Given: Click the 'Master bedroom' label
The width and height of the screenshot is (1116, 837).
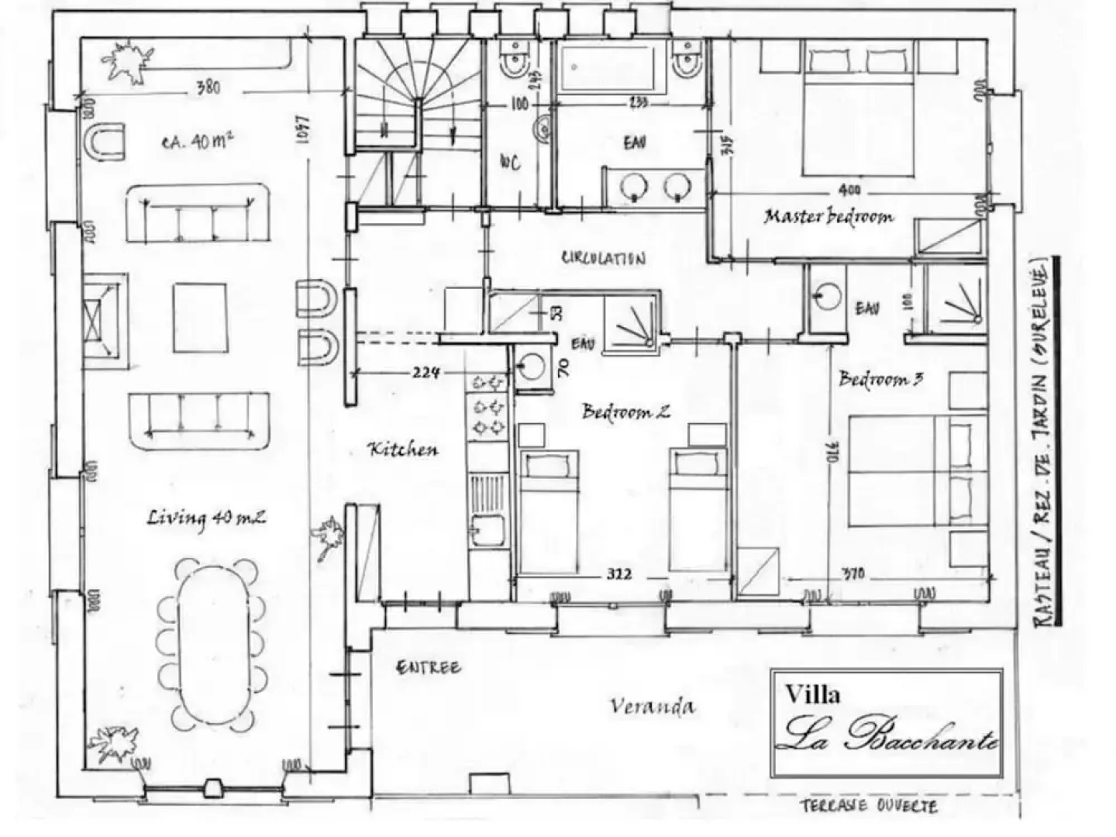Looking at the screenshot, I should pyautogui.click(x=828, y=216).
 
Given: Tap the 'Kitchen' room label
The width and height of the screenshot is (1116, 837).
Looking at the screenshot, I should pyautogui.click(x=402, y=449).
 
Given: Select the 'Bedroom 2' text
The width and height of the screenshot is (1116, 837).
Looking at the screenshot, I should pyautogui.click(x=625, y=411).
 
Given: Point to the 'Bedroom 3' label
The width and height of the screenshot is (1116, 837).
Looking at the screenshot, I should pyautogui.click(x=880, y=379).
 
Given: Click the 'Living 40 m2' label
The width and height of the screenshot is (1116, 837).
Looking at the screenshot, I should pyautogui.click(x=206, y=517).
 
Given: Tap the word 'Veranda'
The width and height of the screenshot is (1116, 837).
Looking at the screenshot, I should pyautogui.click(x=652, y=706).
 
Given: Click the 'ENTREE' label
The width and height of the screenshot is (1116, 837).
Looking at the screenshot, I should pyautogui.click(x=428, y=667).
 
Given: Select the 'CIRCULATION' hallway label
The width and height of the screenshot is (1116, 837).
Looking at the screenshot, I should pyautogui.click(x=603, y=258).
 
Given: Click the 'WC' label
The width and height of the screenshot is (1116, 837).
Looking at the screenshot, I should pyautogui.click(x=509, y=162).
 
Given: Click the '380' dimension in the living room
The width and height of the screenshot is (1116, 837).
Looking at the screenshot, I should pyautogui.click(x=207, y=88).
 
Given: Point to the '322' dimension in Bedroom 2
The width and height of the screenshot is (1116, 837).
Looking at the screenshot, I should pyautogui.click(x=619, y=574).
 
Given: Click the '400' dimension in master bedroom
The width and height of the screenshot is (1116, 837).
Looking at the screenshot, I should pyautogui.click(x=849, y=191).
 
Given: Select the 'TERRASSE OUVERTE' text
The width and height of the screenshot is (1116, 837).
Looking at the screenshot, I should pyautogui.click(x=868, y=806).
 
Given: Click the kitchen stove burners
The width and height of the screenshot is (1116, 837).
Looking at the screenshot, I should pyautogui.click(x=487, y=405).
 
